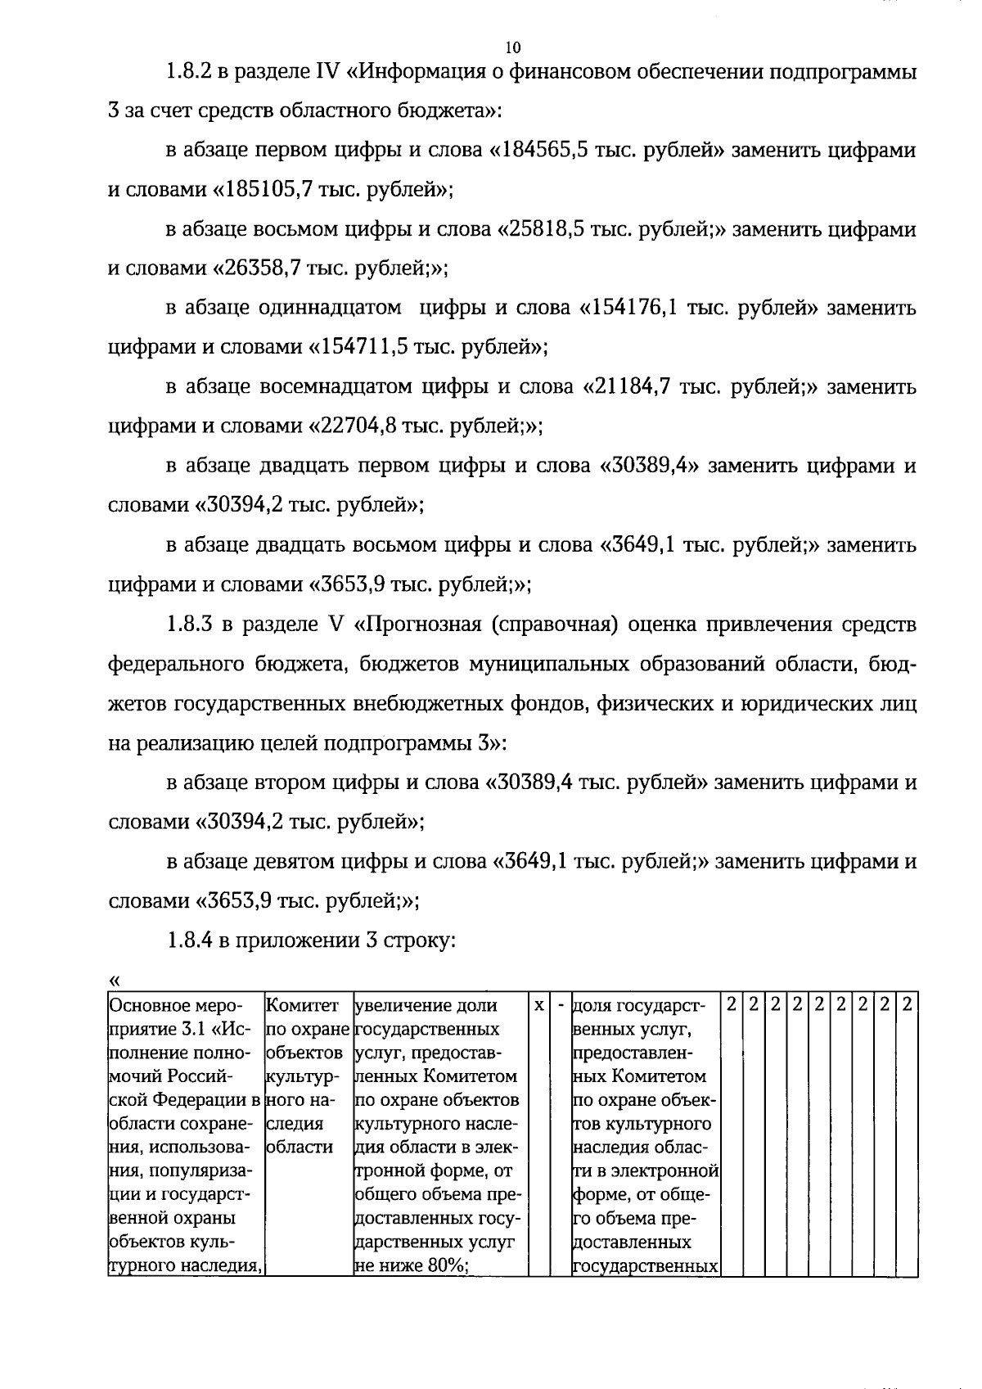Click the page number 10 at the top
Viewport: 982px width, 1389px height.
513,46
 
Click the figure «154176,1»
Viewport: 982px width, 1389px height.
633,309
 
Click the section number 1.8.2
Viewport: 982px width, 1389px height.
191,72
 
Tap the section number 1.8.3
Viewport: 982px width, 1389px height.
191,625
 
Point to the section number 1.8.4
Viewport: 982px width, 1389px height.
191,940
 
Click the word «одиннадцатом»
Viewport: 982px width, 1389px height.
330,309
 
